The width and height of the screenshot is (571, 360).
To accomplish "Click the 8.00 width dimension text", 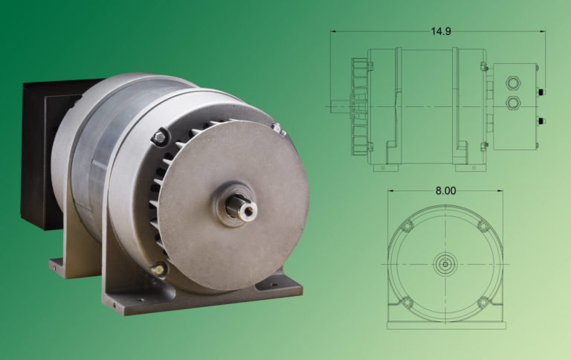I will click(x=445, y=190).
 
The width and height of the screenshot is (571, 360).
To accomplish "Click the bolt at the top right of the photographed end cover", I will click(x=277, y=129).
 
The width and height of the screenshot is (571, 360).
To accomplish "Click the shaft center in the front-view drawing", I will click(x=445, y=263).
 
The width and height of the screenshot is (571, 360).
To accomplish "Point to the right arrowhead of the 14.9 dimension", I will click(x=544, y=31).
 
